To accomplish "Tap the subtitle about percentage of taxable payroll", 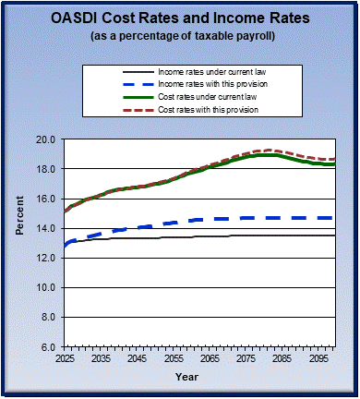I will pos(180,36).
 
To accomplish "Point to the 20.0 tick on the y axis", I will pos(46,139).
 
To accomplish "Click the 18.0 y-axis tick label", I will pos(46,169).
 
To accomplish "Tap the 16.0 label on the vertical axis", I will pos(46,199).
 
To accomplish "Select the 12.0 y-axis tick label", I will pos(46,258).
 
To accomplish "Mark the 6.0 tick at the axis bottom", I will pos(49,346).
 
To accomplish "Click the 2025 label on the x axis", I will pos(64,357).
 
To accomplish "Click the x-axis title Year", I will pos(186,377).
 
